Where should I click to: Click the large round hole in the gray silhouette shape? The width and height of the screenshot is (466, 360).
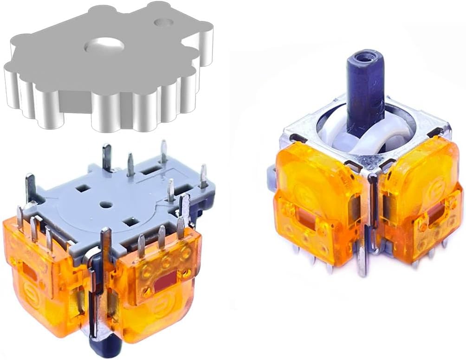tap(105, 45)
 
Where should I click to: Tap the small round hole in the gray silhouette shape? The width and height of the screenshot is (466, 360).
tap(163, 22)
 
